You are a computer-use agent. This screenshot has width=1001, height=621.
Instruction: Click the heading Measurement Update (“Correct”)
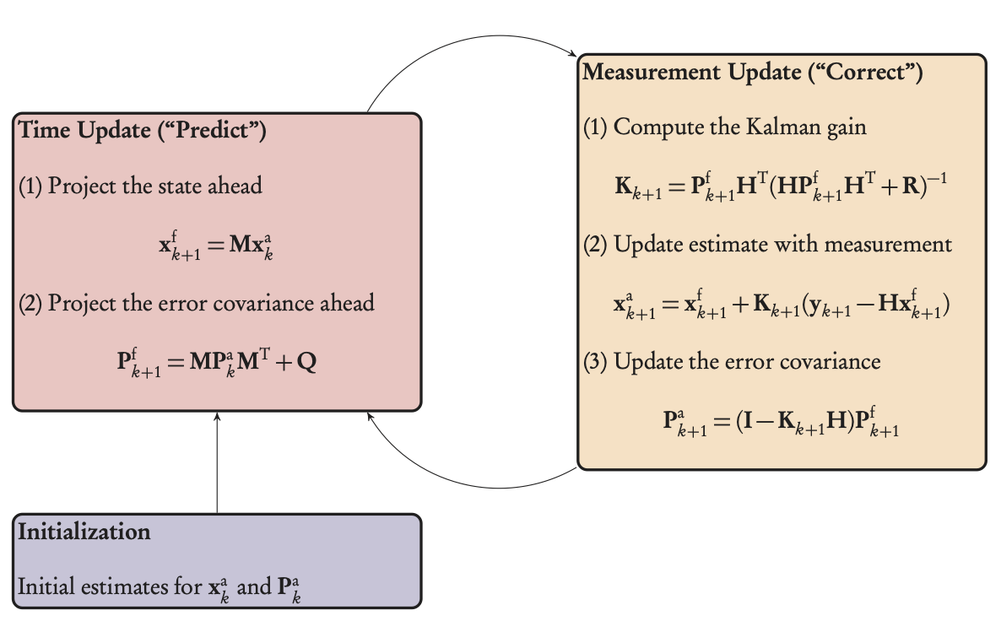pyautogui.click(x=752, y=73)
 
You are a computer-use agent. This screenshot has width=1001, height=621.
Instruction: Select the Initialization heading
pyautogui.click(x=84, y=532)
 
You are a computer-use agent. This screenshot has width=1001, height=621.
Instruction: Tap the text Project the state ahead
pyautogui.click(x=154, y=186)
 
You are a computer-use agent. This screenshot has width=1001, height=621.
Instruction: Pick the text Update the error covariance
pyautogui.click(x=747, y=362)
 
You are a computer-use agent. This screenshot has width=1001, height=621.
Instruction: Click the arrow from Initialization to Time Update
pyautogui.click(x=217, y=464)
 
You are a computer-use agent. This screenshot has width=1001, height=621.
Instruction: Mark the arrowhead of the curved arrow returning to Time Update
pyautogui.click(x=371, y=421)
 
